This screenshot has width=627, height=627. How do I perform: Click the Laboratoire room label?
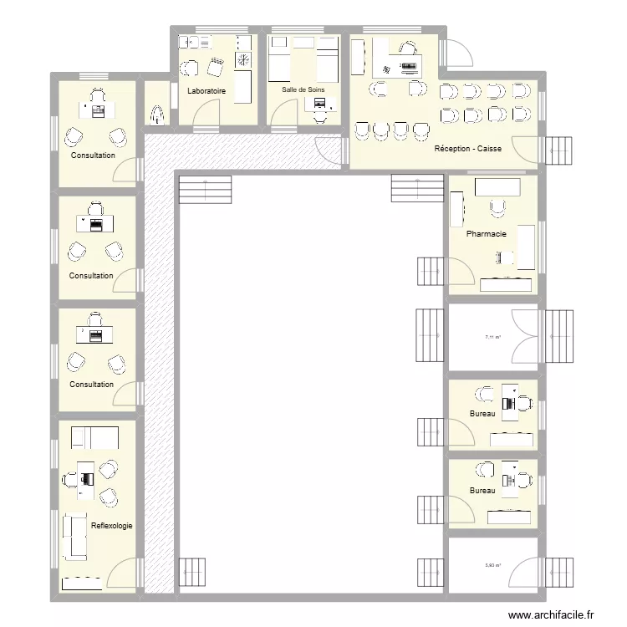tap(207, 91)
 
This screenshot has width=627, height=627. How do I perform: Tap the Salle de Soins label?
tap(302, 89)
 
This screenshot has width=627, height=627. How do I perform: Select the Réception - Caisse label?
tap(468, 150)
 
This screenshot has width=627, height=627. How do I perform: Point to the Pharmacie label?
tap(487, 234)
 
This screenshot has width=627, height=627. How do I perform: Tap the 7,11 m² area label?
tap(492, 338)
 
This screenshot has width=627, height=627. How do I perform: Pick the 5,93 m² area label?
tap(492, 566)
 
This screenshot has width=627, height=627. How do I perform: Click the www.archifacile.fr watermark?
tap(554, 614)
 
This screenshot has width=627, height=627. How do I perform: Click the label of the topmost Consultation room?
tap(93, 155)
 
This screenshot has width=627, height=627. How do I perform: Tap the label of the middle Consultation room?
tap(91, 276)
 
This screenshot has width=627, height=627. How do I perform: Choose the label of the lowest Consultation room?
tap(91, 385)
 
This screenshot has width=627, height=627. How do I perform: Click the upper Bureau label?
tap(482, 414)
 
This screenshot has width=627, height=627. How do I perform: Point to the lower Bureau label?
tap(482, 491)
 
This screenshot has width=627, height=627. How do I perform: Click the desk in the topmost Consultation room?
tap(96, 108)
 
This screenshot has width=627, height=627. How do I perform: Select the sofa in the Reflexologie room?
tap(74, 535)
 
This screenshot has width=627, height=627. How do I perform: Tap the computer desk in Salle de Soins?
tap(320, 104)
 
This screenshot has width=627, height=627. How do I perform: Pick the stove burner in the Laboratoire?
tap(243, 60)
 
